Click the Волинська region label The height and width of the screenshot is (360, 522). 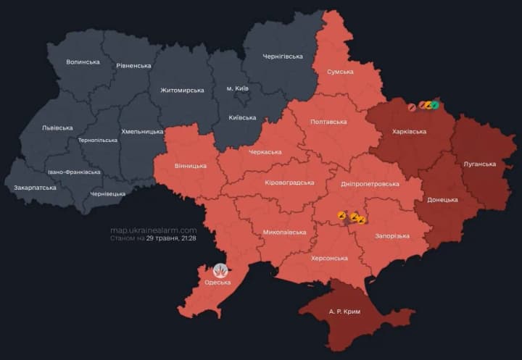(83, 62)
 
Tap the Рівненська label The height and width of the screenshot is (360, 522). (133, 66)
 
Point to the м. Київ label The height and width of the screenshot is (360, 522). (238, 88)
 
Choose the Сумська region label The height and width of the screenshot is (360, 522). (340, 72)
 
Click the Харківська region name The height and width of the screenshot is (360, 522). (409, 132)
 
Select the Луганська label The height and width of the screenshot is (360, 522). (479, 164)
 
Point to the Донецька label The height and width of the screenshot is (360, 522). (442, 199)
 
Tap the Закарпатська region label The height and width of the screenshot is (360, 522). (35, 188)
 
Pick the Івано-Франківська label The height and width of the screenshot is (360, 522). (75, 172)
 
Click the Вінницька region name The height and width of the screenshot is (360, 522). (191, 165)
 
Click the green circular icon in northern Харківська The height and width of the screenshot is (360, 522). (435, 106)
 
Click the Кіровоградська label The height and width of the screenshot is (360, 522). (289, 182)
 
